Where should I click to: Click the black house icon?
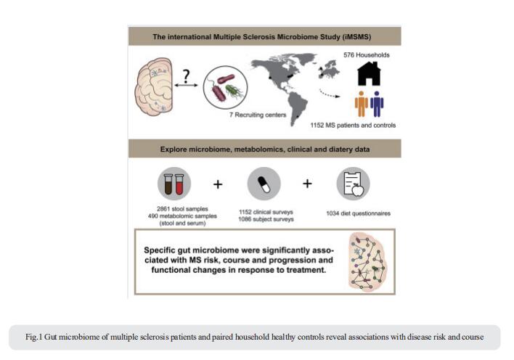(x=369, y=73)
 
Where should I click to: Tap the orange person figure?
(x=362, y=104)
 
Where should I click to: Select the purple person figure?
(x=377, y=104)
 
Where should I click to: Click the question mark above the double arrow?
(x=186, y=75)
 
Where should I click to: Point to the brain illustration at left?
(x=154, y=86)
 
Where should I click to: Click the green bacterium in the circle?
(x=234, y=91)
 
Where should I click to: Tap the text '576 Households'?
(x=367, y=55)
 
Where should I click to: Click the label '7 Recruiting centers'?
(x=258, y=115)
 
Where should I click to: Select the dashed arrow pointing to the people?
(x=330, y=94)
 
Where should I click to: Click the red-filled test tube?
(x=179, y=184)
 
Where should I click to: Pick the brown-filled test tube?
(x=168, y=184)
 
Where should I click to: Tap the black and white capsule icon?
(x=264, y=184)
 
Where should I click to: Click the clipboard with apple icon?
(x=354, y=184)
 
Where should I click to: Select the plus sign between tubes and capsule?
(x=218, y=184)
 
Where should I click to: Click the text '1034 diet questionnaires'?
(x=359, y=213)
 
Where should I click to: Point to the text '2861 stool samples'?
(x=182, y=209)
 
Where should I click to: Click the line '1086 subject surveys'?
(x=266, y=219)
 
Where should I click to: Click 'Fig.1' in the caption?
(x=34, y=337)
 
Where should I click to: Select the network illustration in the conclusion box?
(x=367, y=261)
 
